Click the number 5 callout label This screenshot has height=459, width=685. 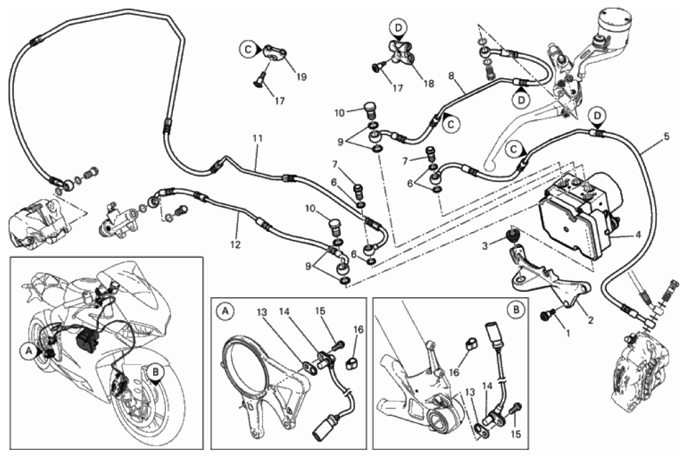(x=667, y=137)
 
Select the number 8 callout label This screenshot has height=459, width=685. (x=452, y=76)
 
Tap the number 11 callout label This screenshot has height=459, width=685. (x=257, y=139)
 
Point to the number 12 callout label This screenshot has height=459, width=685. (x=235, y=245)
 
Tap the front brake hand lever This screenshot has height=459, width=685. (x=509, y=139)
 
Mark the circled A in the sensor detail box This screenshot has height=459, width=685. (x=225, y=312)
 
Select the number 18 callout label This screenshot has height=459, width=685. (x=428, y=84)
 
